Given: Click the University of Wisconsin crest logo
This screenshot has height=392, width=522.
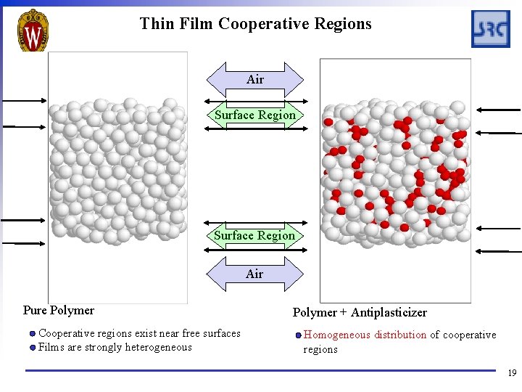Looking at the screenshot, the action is point(33,30).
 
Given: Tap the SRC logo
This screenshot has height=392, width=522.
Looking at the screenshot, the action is point(491,29).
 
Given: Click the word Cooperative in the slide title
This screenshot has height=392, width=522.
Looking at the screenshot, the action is point(264,24).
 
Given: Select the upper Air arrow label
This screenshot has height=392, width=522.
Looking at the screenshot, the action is point(255,80).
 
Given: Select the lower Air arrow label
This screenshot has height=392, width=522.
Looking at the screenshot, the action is point(254,274).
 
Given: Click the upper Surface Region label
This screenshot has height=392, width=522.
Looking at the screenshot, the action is point(255,115).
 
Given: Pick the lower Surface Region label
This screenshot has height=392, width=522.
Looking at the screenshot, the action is point(254,235).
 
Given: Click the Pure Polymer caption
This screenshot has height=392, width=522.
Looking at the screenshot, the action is point(59,311).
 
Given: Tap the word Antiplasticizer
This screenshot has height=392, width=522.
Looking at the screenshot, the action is point(389,313).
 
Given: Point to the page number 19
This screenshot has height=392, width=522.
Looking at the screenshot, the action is point(512,373).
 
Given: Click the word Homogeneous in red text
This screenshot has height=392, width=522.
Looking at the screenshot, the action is point(336,335).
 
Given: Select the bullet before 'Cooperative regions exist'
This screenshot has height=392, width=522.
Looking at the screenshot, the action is point(33,334).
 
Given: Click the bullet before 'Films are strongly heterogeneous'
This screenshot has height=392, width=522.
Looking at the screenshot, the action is point(33,347).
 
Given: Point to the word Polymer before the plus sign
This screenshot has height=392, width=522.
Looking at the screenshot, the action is point(314,313).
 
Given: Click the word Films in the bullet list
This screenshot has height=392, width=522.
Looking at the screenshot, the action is point(51,347).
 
